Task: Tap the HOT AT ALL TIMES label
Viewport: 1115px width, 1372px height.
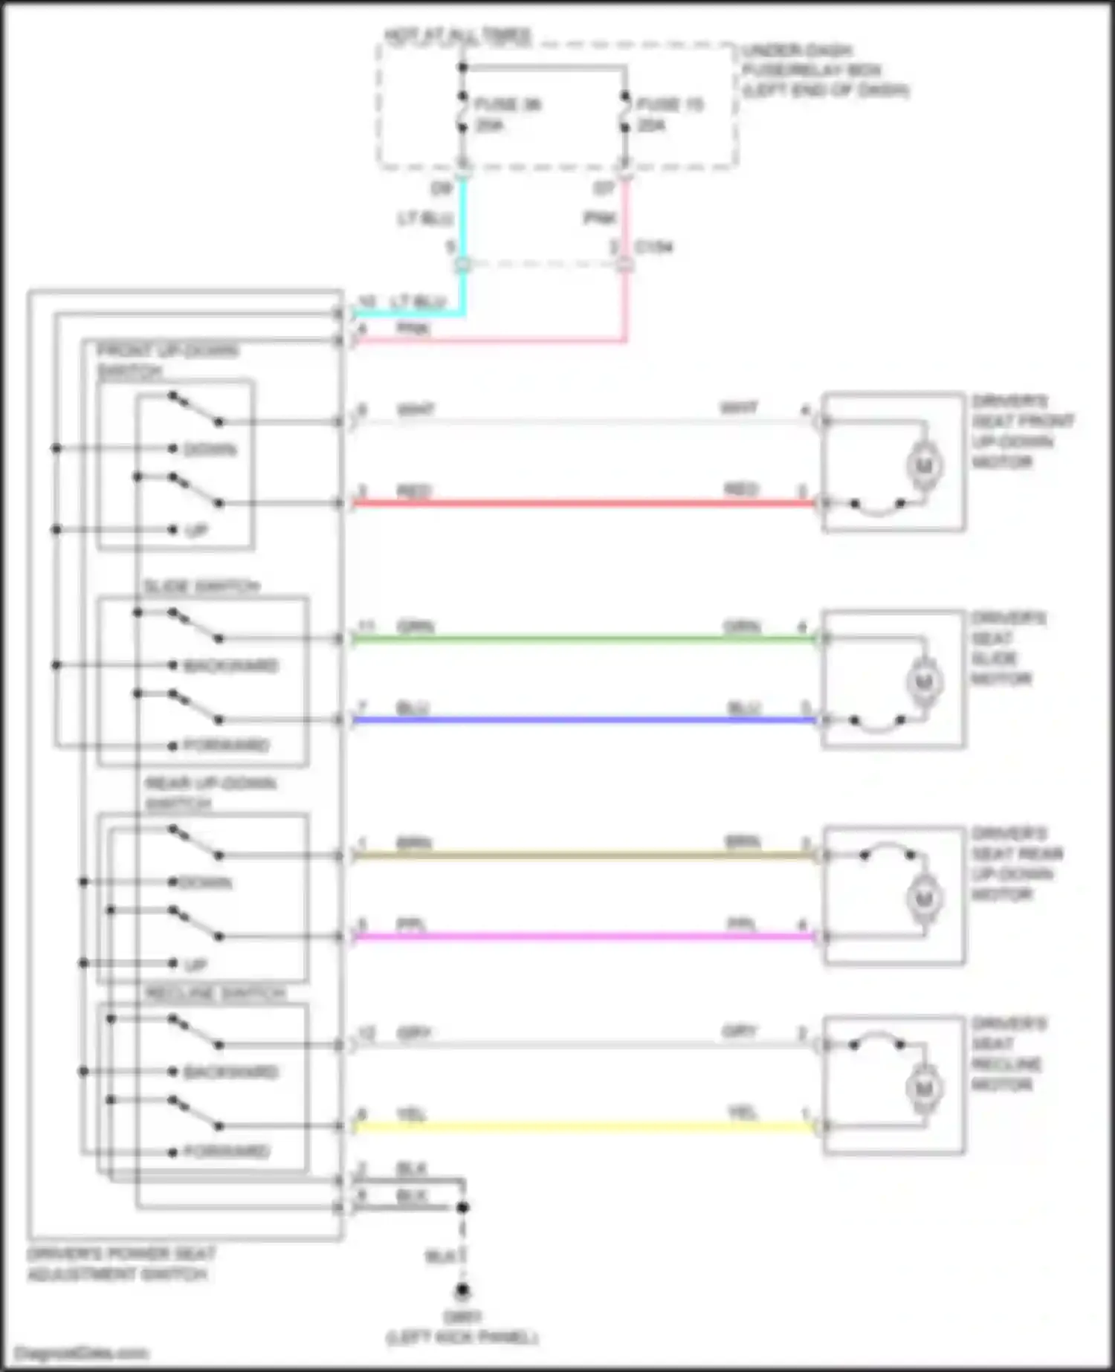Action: (x=457, y=35)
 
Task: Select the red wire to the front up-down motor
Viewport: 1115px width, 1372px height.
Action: (x=580, y=503)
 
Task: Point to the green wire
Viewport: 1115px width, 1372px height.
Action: (x=580, y=638)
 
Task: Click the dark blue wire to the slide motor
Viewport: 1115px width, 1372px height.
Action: (x=580, y=719)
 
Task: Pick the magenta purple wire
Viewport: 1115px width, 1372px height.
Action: (x=580, y=936)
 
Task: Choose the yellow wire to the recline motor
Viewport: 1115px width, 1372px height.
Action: (x=580, y=1127)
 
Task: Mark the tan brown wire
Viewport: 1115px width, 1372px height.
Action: (x=580, y=855)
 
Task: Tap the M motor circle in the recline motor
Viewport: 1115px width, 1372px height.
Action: (x=924, y=1089)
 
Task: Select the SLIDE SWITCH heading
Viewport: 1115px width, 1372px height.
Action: (x=201, y=587)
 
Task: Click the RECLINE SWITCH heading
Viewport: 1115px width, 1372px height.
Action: (x=216, y=994)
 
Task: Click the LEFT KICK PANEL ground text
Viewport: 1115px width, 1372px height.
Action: (x=462, y=1338)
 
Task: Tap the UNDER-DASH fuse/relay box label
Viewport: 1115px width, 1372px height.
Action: (x=825, y=71)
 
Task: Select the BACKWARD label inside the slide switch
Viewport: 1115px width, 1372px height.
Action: (x=231, y=666)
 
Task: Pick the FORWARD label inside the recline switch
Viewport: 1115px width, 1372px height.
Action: (x=227, y=1152)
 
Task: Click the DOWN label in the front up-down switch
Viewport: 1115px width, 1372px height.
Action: (x=210, y=450)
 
